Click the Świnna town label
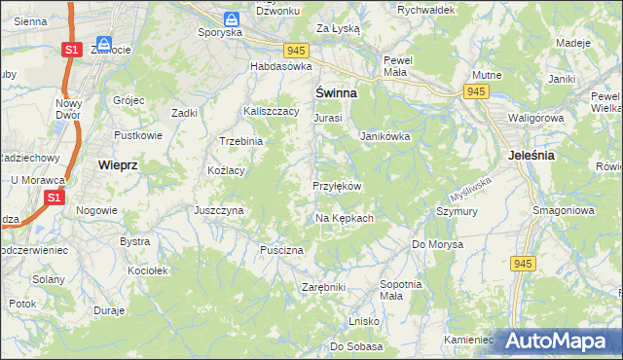(336, 93)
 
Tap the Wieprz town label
(119, 165)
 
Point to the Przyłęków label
(337, 186)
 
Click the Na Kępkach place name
(344, 218)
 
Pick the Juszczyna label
(218, 209)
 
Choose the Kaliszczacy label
(271, 112)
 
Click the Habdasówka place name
(280, 66)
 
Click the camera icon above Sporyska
(232, 18)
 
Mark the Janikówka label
(385, 137)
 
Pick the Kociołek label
(148, 270)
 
